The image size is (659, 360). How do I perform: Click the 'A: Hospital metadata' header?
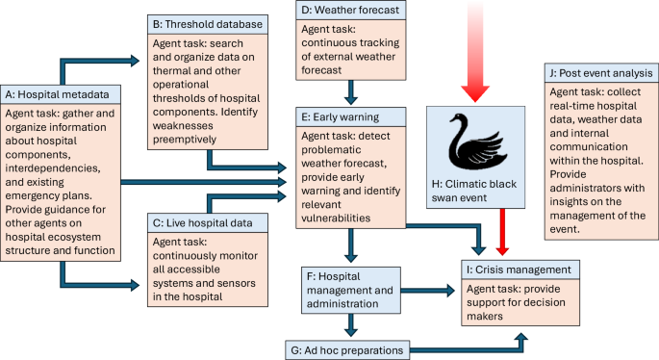pos(62,94)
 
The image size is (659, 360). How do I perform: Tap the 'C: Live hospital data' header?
pos(203,223)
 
